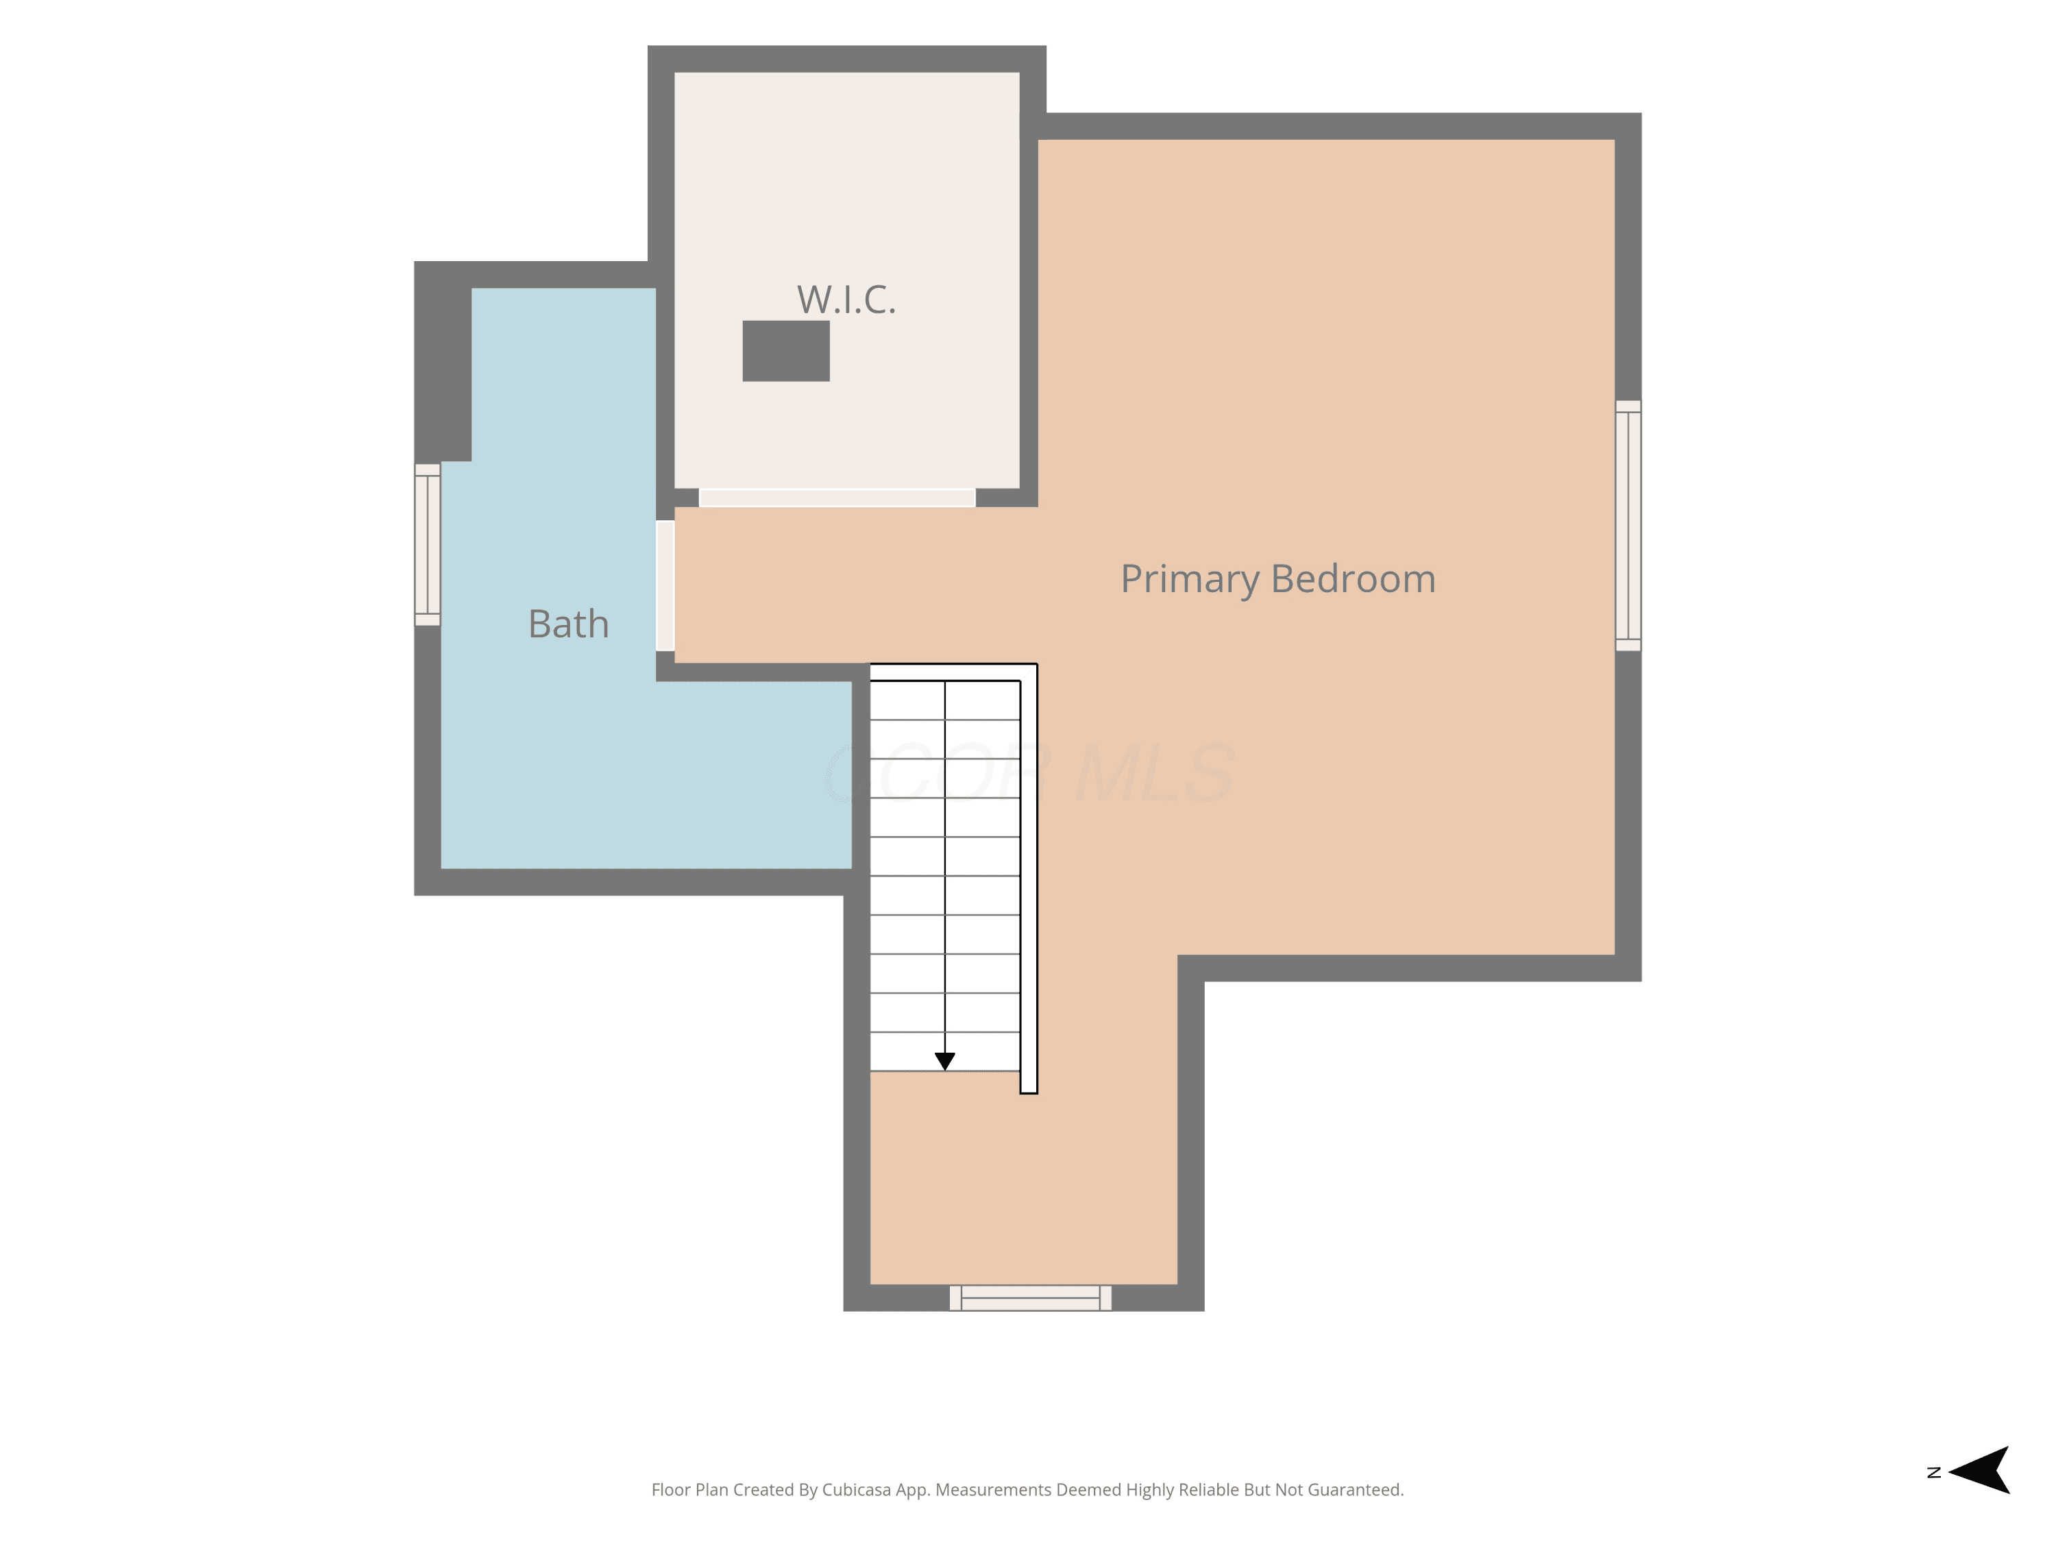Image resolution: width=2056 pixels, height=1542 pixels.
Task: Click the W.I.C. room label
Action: [x=846, y=299]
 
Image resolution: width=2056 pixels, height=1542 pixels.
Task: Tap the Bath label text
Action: [x=568, y=623]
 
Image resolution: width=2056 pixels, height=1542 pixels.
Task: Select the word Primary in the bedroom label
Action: [x=1190, y=580]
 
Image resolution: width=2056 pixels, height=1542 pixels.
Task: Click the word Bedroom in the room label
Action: [x=1354, y=578]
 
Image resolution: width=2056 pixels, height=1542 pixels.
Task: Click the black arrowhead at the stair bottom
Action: [x=944, y=1060]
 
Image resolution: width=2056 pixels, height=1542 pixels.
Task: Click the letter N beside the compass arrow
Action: [x=1934, y=1472]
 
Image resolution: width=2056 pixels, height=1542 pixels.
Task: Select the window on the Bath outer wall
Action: [x=428, y=545]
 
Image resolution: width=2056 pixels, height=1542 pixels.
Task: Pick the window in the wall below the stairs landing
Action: [x=1030, y=1297]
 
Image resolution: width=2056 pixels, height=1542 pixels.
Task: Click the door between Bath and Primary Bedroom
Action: [x=665, y=585]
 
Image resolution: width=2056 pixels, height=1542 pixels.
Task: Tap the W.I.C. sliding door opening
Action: [x=837, y=498]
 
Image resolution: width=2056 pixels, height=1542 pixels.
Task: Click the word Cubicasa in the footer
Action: [x=856, y=1490]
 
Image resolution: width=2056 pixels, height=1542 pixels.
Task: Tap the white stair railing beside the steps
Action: [x=1028, y=879]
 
